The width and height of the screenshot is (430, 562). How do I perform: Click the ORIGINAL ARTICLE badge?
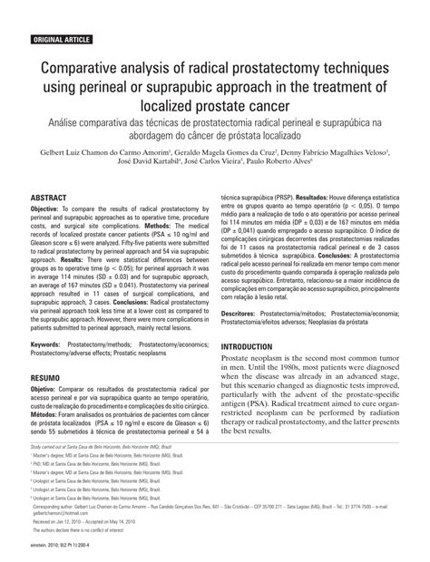(x=61, y=41)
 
